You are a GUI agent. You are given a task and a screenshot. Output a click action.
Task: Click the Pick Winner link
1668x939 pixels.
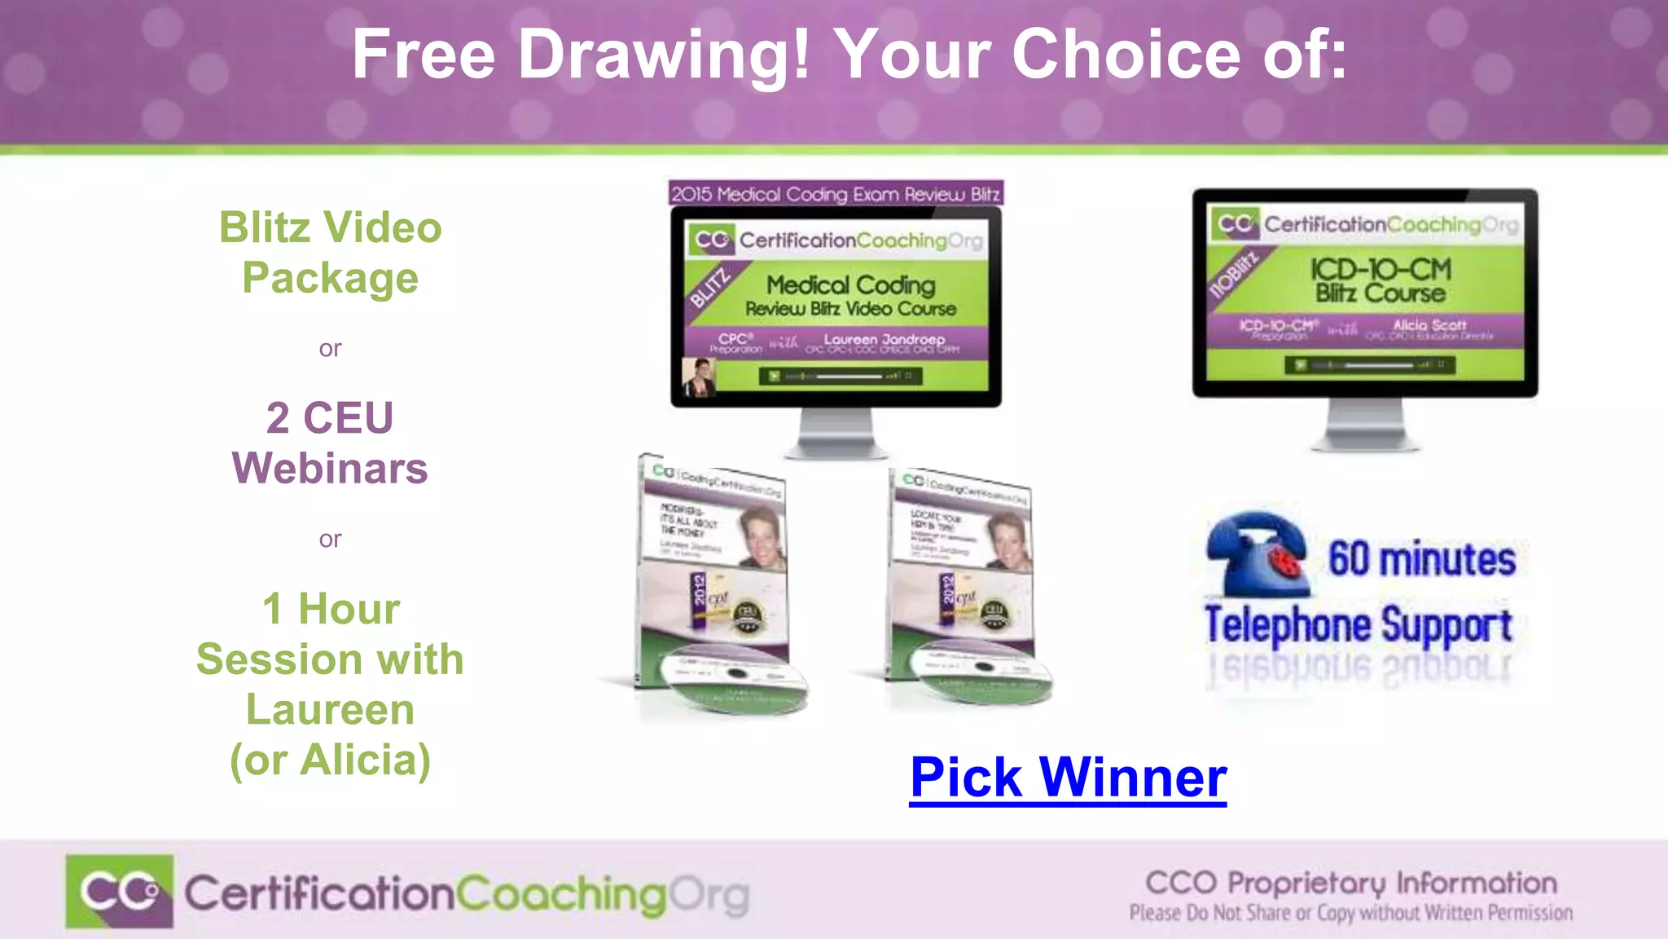coord(1068,778)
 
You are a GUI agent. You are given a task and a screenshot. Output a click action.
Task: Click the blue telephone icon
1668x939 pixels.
coord(1258,554)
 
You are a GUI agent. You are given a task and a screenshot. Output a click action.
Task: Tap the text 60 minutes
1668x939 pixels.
coord(1421,559)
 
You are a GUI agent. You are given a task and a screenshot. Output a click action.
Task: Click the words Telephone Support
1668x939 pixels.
coord(1358,626)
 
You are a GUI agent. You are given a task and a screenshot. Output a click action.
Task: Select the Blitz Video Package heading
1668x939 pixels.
coord(330,253)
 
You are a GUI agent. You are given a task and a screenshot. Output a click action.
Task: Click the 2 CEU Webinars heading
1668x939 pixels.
coord(330,443)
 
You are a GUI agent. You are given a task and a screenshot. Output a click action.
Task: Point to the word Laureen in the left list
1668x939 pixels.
coord(330,709)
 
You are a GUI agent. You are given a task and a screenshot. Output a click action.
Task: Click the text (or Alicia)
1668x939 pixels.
coord(330,760)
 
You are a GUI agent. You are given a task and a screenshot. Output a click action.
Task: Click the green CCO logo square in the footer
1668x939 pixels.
coord(120,891)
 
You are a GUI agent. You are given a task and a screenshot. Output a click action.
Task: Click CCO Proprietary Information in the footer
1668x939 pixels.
coord(1350,883)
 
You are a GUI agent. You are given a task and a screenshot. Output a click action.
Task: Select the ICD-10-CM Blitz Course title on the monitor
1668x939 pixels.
coord(1380,280)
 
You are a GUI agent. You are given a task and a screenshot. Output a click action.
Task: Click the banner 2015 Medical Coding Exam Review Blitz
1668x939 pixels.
coord(836,194)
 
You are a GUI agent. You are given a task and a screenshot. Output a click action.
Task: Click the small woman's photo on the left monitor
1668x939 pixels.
coord(699,377)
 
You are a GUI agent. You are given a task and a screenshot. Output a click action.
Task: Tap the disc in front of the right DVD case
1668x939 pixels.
coord(982,673)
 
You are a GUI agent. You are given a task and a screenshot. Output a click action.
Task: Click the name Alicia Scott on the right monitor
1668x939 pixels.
coord(1429,324)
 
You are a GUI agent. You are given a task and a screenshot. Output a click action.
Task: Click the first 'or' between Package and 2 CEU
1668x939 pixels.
coord(330,349)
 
